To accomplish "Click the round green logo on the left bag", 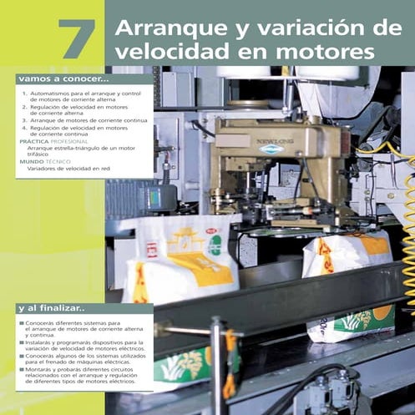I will pyautogui.click(x=215, y=245).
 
